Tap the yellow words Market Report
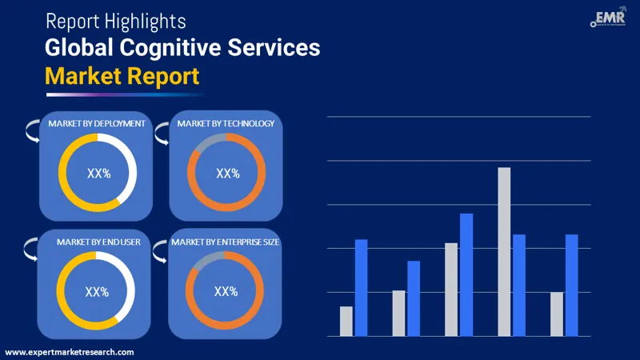pyautogui.click(x=122, y=76)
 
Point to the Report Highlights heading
pyautogui.click(x=116, y=19)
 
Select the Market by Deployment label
pyautogui.click(x=96, y=124)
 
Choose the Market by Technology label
pyautogui.click(x=226, y=124)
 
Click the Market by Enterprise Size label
pyautogui.click(x=226, y=242)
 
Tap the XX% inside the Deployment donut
pyautogui.click(x=97, y=173)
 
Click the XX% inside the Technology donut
pyautogui.click(x=227, y=173)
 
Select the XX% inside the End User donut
pyautogui.click(x=97, y=292)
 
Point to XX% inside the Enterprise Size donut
pyautogui.click(x=226, y=292)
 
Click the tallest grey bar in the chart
pyautogui.click(x=504, y=251)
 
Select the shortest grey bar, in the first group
pyautogui.click(x=346, y=321)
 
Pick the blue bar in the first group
pyautogui.click(x=361, y=287)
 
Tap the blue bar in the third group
pyautogui.click(x=466, y=274)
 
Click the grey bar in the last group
pyautogui.click(x=557, y=314)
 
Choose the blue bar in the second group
pyautogui.click(x=414, y=298)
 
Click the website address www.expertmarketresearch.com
pyautogui.click(x=70, y=352)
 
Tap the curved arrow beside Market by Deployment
pyautogui.click(x=32, y=130)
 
